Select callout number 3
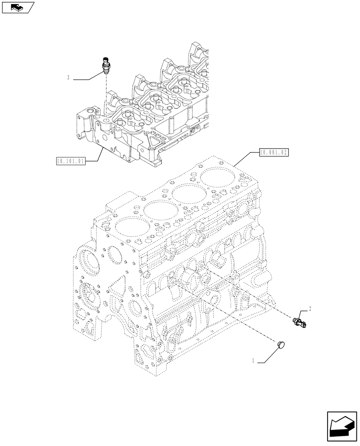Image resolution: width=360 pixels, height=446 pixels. coord(68,78)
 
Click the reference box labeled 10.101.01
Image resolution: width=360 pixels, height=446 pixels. coord(70,160)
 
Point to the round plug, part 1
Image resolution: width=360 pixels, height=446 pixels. coord(282,344)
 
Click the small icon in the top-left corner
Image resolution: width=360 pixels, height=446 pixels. coord(18,7)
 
